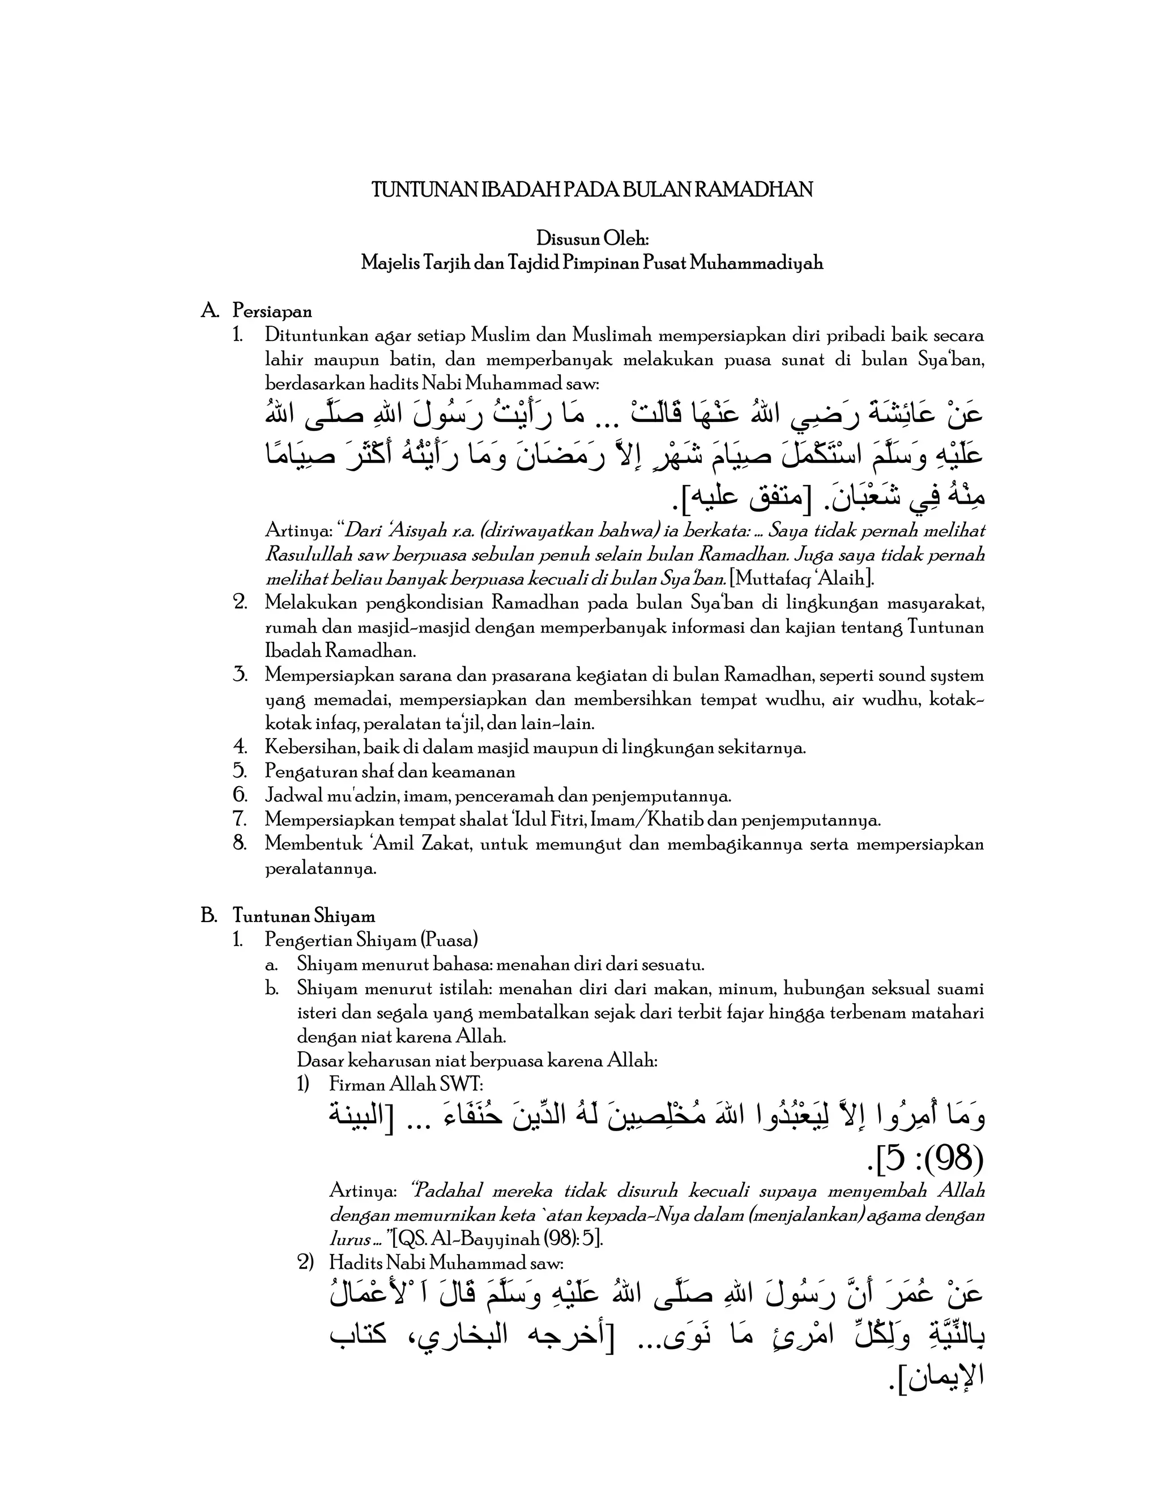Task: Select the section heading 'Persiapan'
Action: pyautogui.click(x=272, y=312)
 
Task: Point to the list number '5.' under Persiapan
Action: pyautogui.click(x=240, y=772)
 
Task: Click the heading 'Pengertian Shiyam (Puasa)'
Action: pyautogui.click(x=371, y=940)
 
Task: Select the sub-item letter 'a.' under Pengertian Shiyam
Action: pyautogui.click(x=271, y=965)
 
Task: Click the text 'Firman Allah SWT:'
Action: pyautogui.click(x=406, y=1085)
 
